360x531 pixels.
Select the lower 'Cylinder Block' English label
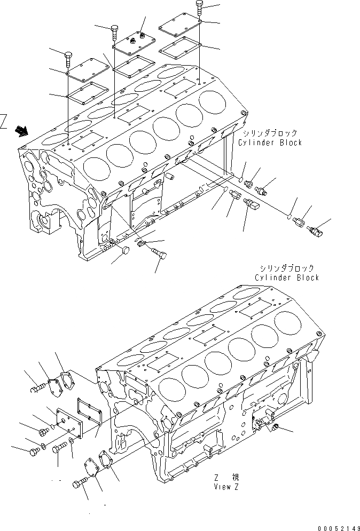click(x=286, y=278)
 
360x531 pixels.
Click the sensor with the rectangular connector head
click(x=251, y=205)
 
